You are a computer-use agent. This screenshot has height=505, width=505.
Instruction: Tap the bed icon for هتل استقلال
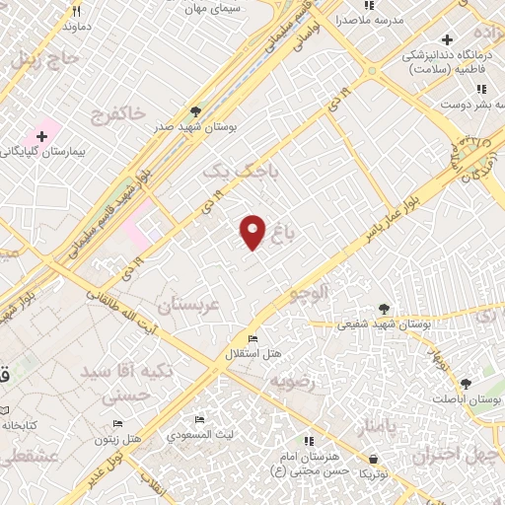(x=253, y=339)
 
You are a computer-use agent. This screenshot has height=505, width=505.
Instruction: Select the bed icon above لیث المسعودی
(x=200, y=419)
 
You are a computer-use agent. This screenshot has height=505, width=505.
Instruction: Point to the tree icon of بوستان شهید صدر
(x=195, y=111)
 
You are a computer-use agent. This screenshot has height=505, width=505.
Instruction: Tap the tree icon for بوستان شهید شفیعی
(x=383, y=309)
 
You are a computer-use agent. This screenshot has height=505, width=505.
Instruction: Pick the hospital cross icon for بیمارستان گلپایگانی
(x=42, y=134)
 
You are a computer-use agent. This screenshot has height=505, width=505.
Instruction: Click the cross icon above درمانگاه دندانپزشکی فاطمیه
(x=448, y=40)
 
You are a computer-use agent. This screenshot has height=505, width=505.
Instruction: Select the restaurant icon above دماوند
(x=76, y=11)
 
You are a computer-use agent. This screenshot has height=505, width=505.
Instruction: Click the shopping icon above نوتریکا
(x=373, y=458)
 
